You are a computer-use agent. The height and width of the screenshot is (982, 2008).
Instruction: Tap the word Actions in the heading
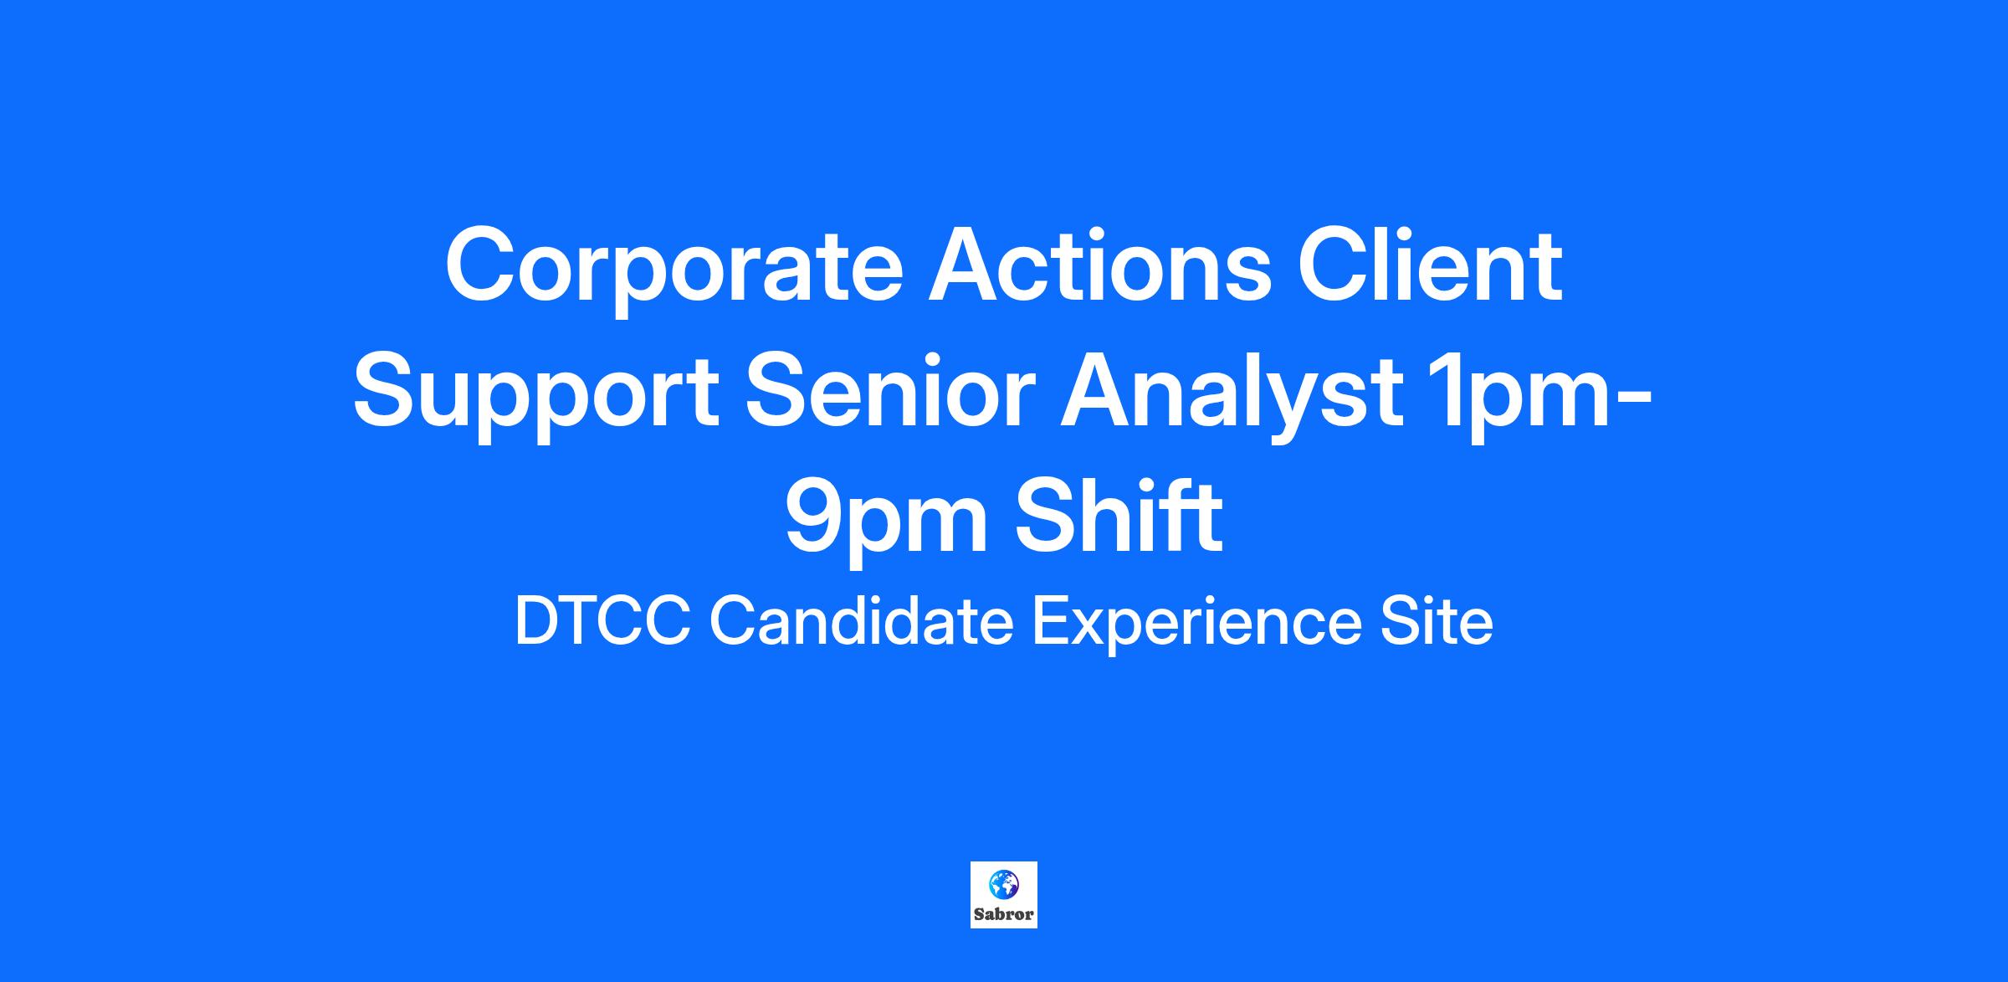pyautogui.click(x=1100, y=265)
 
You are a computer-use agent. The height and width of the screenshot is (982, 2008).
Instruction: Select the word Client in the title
pyautogui.click(x=1430, y=265)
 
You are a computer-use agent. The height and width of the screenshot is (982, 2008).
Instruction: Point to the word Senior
pyautogui.click(x=890, y=390)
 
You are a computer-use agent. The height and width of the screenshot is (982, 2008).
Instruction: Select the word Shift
pyautogui.click(x=1119, y=516)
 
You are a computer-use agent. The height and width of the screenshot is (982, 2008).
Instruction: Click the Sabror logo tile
pyautogui.click(x=1004, y=895)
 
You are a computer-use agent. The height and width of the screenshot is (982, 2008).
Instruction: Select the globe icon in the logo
pyautogui.click(x=1004, y=884)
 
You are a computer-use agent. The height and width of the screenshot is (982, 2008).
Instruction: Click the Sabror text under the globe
pyautogui.click(x=1004, y=914)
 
